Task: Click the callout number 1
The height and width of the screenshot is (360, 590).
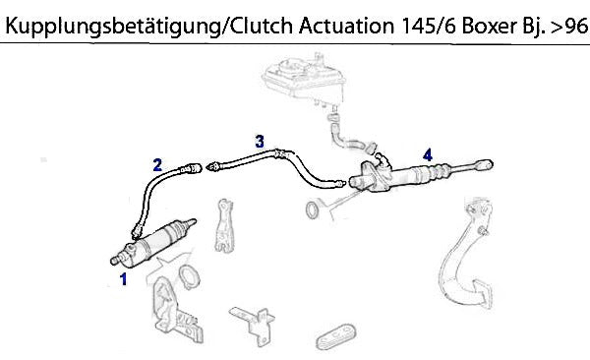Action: coord(124,279)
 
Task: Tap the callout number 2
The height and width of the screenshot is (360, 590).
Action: coord(157,165)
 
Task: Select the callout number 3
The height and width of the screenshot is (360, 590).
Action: coord(260,142)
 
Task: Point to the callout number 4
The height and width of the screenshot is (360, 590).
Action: coord(428,154)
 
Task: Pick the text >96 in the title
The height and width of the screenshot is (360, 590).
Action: coord(568,26)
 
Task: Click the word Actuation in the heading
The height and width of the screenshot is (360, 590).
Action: coord(346,26)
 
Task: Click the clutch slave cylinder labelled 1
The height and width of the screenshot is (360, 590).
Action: coord(152,243)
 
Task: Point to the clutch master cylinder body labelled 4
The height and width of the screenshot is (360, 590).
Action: coord(387,176)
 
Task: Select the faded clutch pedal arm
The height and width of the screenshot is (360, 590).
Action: coord(466,253)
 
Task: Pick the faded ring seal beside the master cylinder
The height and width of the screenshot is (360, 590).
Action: coord(312,210)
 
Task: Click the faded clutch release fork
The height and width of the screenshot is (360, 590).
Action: coord(224,225)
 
